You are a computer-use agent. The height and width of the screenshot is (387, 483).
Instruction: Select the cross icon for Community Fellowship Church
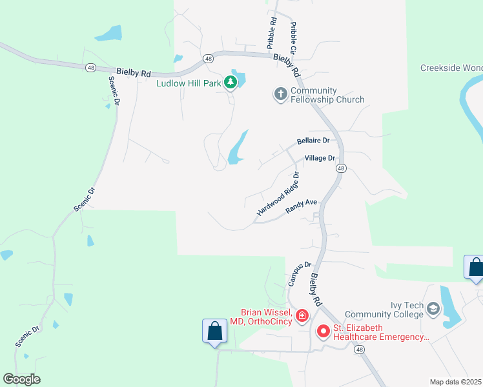281,95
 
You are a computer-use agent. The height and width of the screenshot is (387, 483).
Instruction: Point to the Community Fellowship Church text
327,95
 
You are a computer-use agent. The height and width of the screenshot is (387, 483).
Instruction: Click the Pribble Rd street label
272,33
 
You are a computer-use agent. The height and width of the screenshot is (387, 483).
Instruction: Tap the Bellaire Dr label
313,140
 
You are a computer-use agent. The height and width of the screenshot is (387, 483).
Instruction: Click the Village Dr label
320,158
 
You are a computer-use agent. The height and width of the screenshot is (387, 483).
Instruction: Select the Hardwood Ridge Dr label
278,193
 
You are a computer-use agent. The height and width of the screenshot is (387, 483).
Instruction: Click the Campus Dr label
300,274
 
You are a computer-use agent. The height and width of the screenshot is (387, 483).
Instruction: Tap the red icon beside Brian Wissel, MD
302,315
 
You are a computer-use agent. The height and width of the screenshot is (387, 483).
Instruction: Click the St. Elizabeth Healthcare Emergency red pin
324,332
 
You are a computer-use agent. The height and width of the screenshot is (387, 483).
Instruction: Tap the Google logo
21,379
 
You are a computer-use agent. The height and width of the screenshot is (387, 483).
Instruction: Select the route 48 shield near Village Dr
340,168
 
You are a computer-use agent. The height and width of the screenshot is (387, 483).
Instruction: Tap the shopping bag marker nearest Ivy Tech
475,267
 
